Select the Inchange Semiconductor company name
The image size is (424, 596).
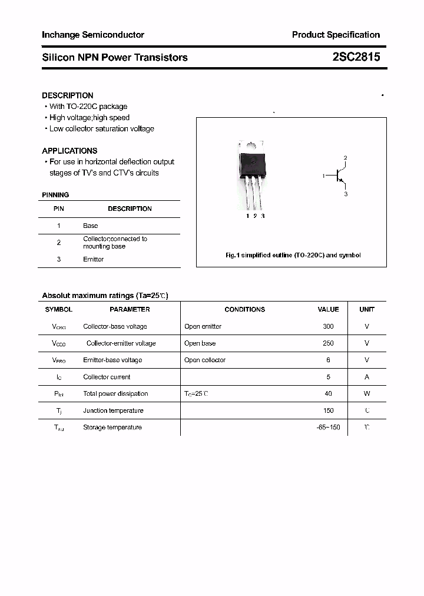point(93,35)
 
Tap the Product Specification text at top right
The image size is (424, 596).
point(336,35)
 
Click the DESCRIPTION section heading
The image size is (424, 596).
point(68,95)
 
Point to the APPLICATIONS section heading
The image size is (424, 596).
point(69,151)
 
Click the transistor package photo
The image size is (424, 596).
point(252,174)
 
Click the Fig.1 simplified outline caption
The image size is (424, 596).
point(293,256)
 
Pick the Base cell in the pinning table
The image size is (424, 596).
point(91,226)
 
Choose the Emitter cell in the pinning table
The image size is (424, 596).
point(93,259)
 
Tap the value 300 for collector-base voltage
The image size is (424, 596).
point(328,326)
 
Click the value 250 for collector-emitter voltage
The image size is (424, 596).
point(328,343)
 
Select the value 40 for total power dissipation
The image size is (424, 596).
point(328,394)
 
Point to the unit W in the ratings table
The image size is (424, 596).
point(367,394)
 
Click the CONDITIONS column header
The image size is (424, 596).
point(244,309)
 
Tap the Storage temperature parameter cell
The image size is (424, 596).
point(112,428)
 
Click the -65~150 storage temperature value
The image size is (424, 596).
point(328,428)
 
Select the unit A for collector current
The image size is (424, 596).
point(367,377)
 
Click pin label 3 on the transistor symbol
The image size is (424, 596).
point(346,194)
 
